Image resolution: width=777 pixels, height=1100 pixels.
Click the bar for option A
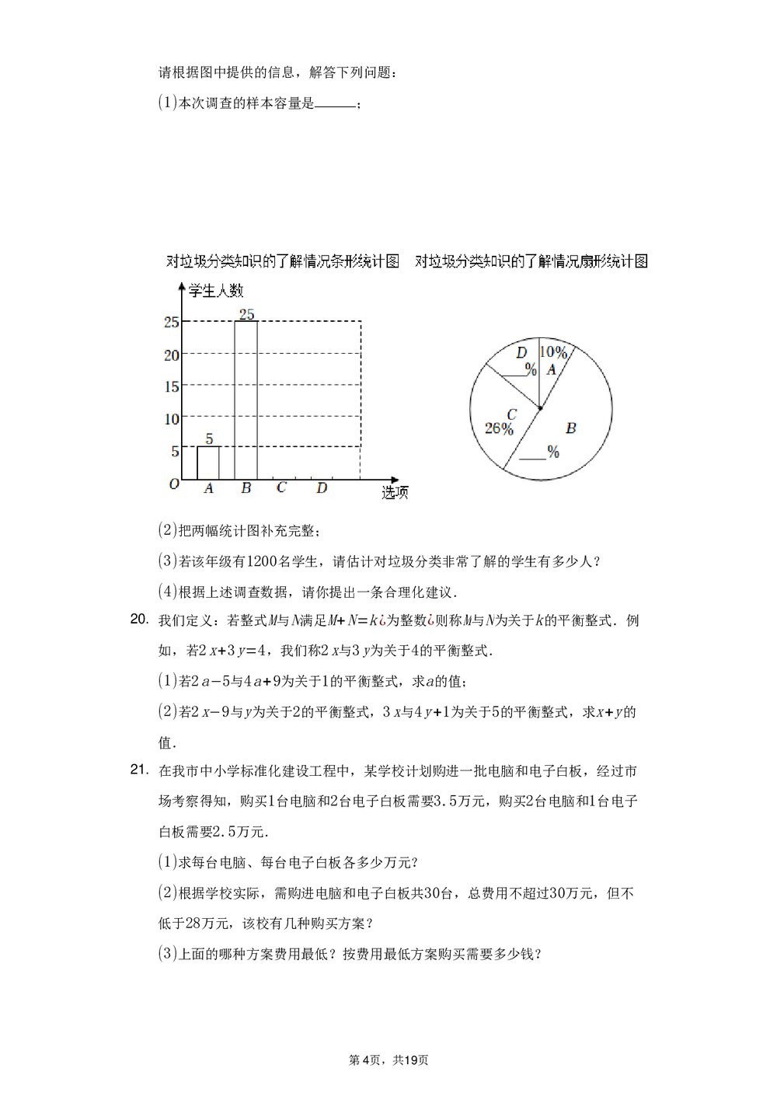coord(208,463)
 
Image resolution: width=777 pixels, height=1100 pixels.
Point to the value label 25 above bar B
coord(247,314)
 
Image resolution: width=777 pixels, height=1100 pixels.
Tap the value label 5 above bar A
coord(209,438)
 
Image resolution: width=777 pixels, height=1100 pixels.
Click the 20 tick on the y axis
coord(171,354)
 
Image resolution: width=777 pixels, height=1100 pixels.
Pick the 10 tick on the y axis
coord(171,419)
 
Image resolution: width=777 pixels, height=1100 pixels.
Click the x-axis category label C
coord(281,488)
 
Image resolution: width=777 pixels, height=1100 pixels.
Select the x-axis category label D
coord(322,488)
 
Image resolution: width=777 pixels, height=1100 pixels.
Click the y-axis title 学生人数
coord(216,291)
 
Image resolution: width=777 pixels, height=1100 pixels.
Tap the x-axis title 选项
coord(395,492)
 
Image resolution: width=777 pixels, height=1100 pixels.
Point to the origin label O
coord(174,484)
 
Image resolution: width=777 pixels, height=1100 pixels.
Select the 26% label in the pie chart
coord(499,428)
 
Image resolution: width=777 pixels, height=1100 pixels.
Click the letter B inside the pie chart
coord(570,428)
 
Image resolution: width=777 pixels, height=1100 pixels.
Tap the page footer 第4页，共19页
coord(388,1060)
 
